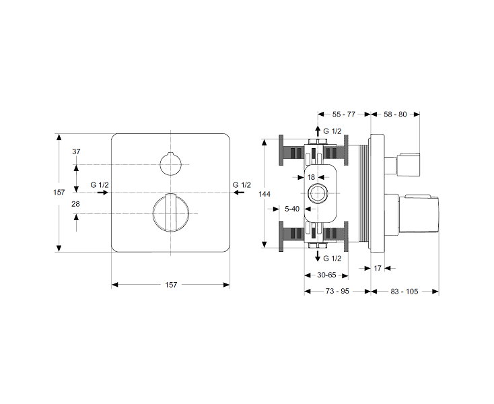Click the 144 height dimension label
coord(264,194)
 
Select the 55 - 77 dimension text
coord(344,114)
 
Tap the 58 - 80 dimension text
coord(395,114)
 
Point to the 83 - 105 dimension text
coord(404,292)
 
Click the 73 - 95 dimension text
coord(337,291)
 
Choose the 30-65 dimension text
coord(326,275)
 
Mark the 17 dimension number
coord(378,269)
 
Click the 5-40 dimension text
coord(292,209)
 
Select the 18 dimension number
coord(311,177)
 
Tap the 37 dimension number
coord(76,151)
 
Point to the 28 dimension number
coord(75,204)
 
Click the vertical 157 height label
coord(59,192)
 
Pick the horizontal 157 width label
coord(171,285)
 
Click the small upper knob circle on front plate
coord(160,164)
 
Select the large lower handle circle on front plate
coord(153,213)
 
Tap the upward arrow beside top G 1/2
coord(318,131)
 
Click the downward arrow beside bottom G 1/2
coord(318,256)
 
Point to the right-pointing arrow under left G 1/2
coord(103,192)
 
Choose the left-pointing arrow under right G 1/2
coord(239,192)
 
